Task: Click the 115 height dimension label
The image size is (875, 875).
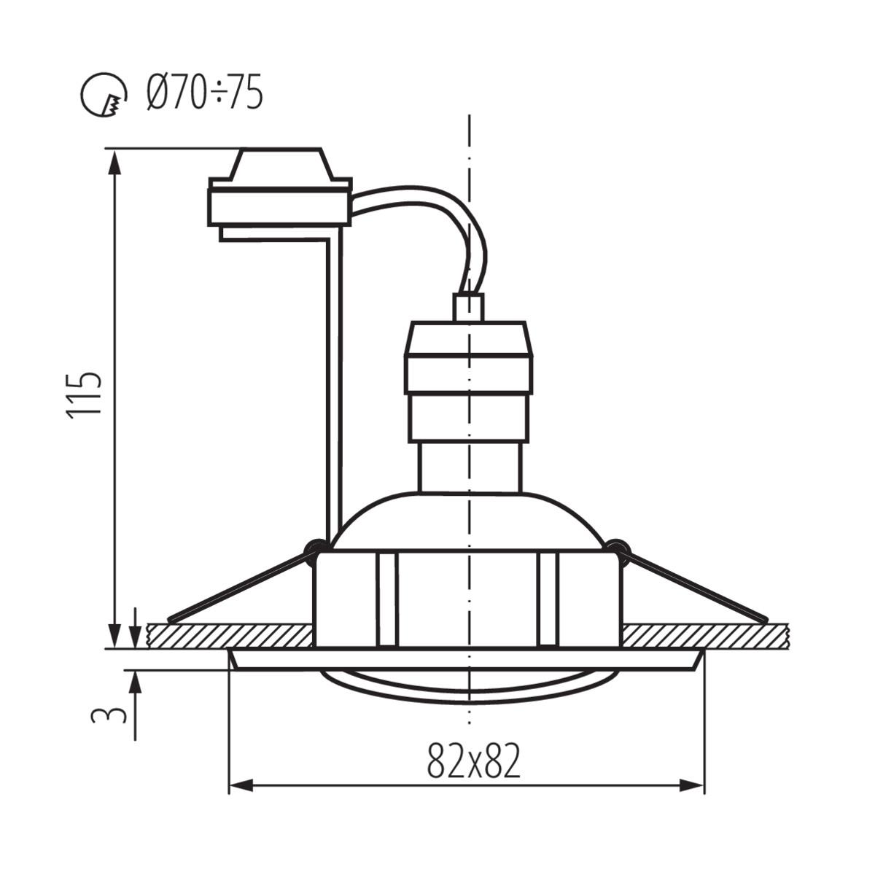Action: tap(83, 394)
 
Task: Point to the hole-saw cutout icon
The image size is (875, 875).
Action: tap(104, 94)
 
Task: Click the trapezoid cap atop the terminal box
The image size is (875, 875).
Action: tap(281, 163)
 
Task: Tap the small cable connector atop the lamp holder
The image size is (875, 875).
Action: tap(469, 308)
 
